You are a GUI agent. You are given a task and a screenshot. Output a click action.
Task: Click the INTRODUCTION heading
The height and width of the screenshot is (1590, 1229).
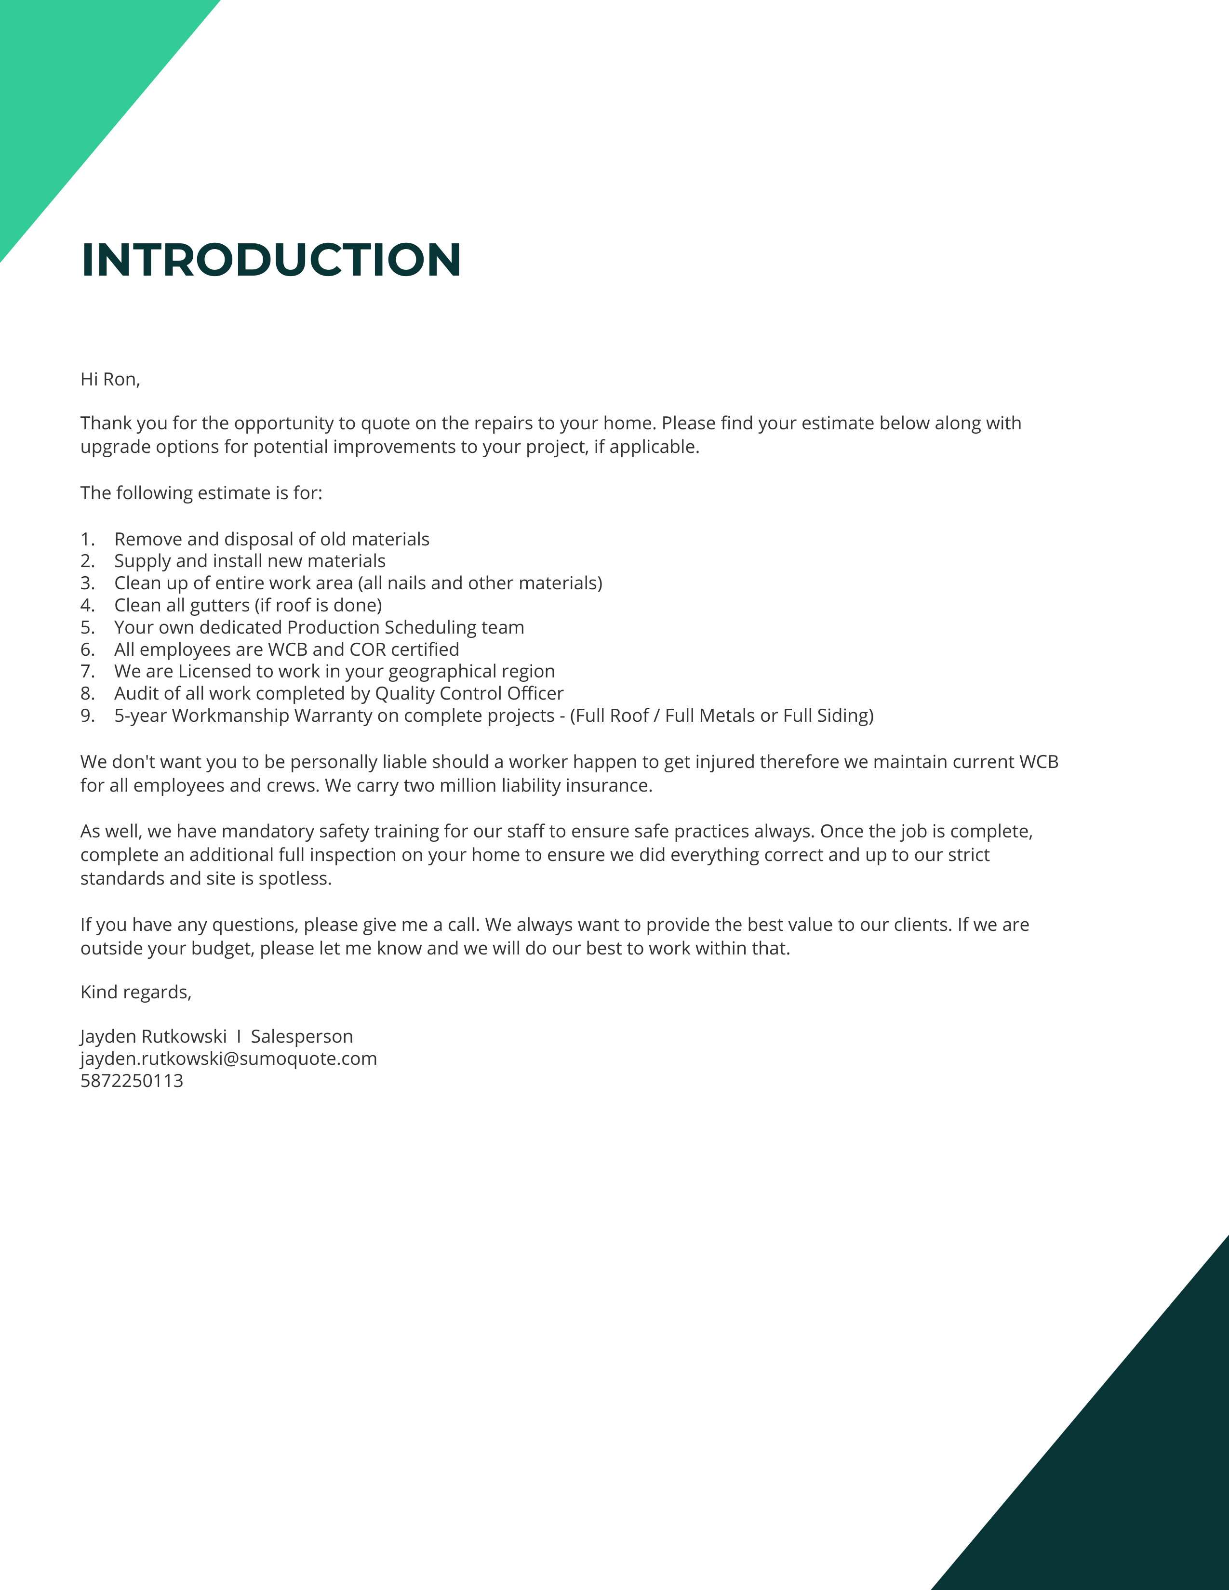coord(271,260)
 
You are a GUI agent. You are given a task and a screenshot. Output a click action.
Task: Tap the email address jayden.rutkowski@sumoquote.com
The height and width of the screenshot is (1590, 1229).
coord(228,1059)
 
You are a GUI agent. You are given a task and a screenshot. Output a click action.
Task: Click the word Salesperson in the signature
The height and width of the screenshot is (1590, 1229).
coord(301,1037)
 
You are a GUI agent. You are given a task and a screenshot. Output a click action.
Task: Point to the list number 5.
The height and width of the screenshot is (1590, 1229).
coord(87,627)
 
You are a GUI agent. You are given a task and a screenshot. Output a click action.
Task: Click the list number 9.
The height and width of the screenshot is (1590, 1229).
coord(87,715)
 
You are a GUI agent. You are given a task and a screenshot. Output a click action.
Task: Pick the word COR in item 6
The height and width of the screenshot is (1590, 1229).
coord(368,649)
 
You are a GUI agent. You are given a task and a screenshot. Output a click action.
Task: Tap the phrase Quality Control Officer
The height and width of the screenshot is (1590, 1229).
coord(469,694)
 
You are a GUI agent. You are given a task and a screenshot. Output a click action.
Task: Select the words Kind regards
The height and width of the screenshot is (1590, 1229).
coord(135,992)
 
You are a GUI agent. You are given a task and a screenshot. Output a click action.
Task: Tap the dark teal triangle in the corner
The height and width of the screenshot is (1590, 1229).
coord(1136,1493)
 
